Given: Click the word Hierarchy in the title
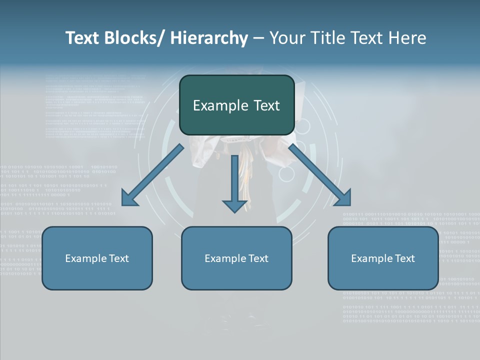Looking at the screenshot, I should click(x=209, y=38).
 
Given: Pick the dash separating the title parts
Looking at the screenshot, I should click(x=258, y=39).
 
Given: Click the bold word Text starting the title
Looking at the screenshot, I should click(x=83, y=38).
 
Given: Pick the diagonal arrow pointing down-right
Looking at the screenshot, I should click(x=320, y=175).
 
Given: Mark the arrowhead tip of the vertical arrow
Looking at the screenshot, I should click(x=234, y=212).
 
